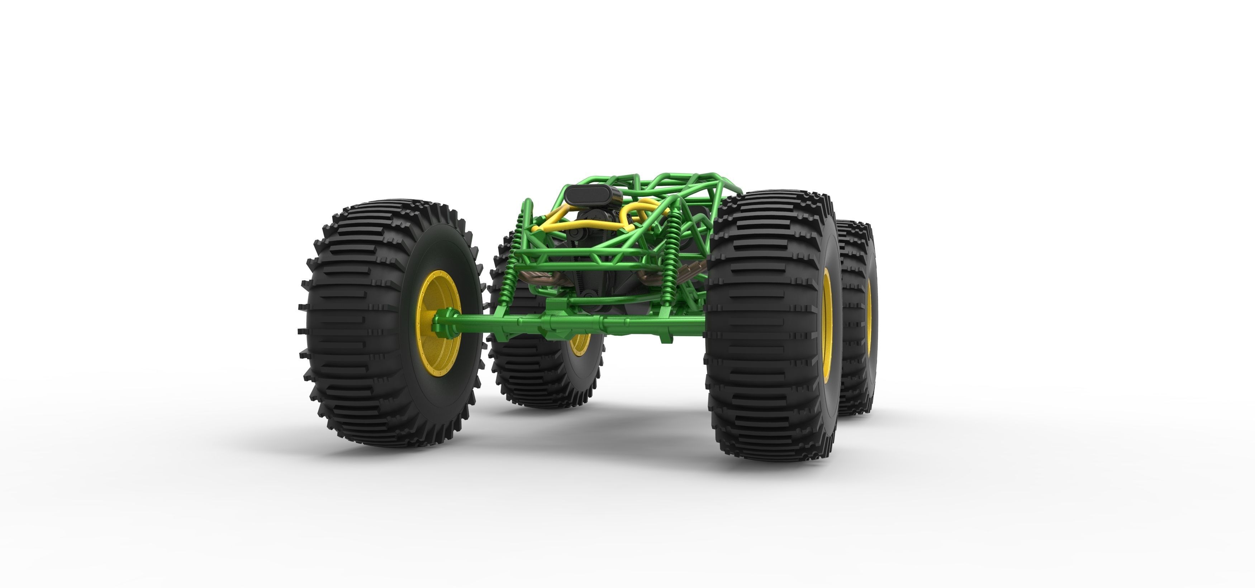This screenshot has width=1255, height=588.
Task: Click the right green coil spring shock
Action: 672,253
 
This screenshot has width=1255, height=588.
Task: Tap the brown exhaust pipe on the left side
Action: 536,278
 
